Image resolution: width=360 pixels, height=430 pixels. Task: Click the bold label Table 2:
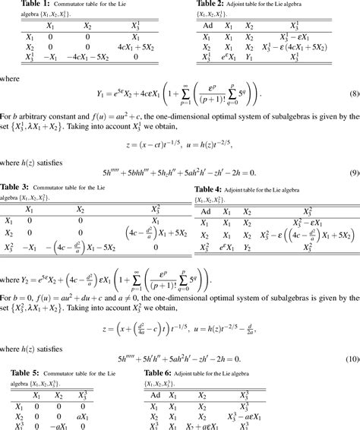tap(209, 5)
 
